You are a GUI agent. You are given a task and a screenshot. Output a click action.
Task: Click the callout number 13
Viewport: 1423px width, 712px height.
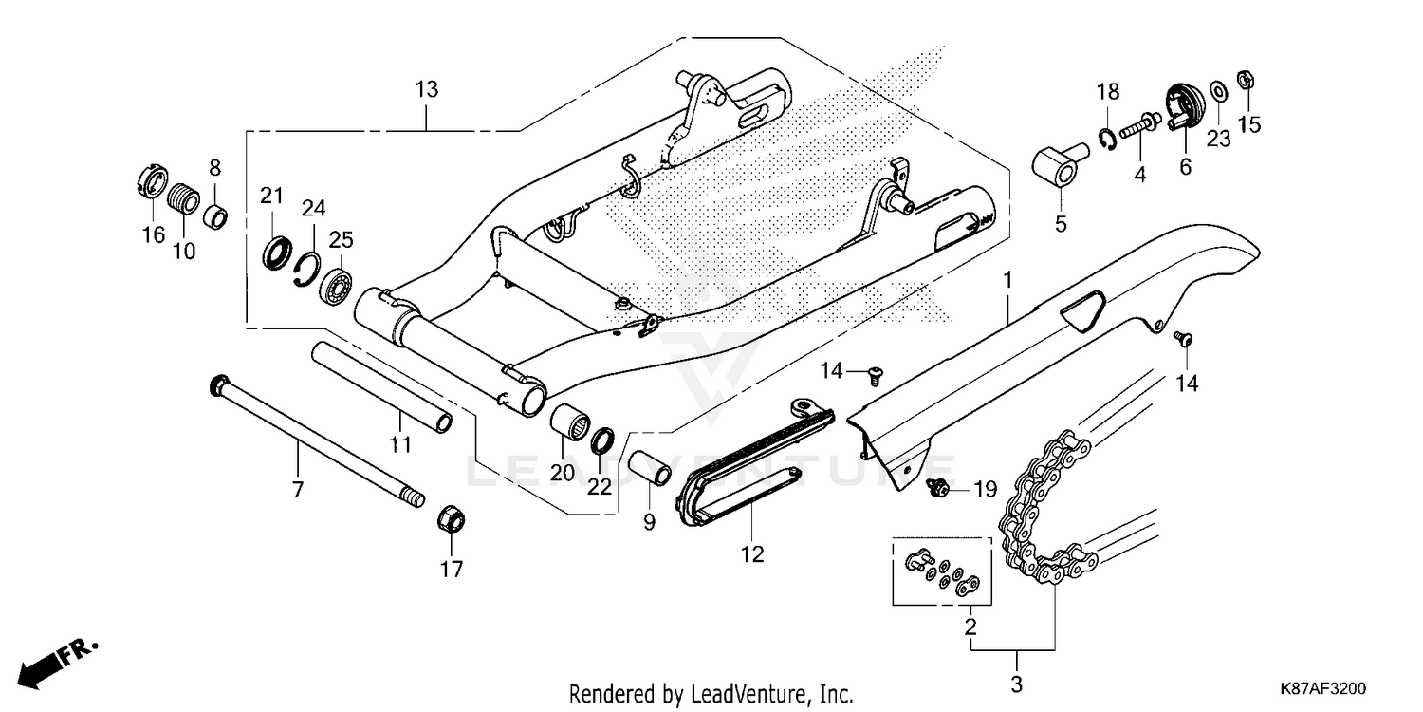[x=427, y=90]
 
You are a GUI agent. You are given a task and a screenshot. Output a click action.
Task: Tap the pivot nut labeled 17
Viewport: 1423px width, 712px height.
[x=451, y=520]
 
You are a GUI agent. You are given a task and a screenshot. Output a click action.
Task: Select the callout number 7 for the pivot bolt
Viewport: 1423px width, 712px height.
[x=298, y=491]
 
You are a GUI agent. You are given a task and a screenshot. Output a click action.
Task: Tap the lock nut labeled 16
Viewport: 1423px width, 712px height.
[x=153, y=181]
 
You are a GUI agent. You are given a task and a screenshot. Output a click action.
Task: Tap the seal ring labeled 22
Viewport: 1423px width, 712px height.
[x=602, y=441]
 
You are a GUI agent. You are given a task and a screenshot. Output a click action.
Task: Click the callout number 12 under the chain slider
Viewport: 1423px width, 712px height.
[x=752, y=554]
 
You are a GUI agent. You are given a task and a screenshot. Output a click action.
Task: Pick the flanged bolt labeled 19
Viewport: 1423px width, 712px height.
[x=939, y=488]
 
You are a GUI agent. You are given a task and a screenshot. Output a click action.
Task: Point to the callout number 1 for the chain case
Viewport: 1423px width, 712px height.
[x=1007, y=280]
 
